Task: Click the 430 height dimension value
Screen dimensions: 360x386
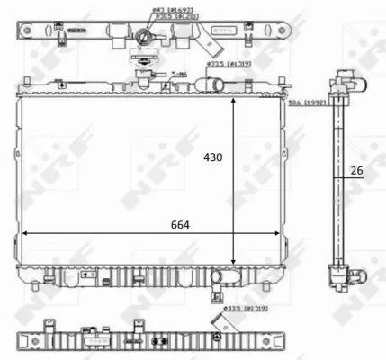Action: click(x=211, y=156)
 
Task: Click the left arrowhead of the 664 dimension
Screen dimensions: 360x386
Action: click(x=24, y=233)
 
